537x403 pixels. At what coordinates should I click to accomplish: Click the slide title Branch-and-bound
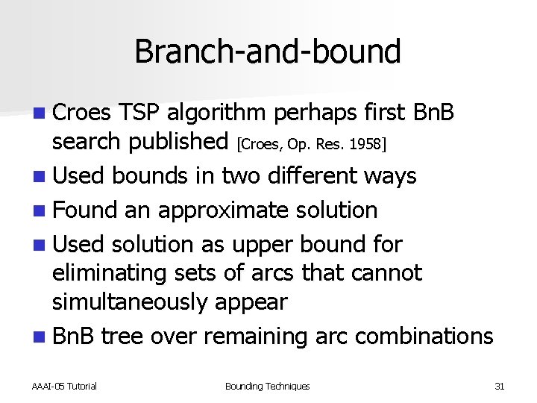[x=268, y=51]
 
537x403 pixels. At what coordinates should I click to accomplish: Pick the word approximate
[x=210, y=210]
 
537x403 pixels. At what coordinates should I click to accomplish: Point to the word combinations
[x=424, y=336]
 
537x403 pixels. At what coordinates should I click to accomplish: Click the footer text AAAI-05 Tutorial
[x=64, y=386]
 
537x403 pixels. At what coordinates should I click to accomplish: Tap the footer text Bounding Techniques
[x=267, y=386]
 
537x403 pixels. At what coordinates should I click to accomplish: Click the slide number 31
[x=500, y=386]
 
